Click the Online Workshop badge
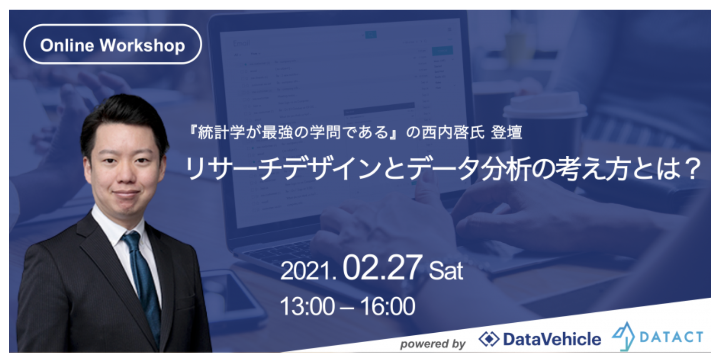tap(112, 44)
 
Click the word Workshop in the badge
tap(142, 46)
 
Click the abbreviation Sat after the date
tap(446, 271)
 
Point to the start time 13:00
tap(307, 307)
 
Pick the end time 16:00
tap(388, 307)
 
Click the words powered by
tap(432, 343)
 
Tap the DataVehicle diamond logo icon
tap(489, 339)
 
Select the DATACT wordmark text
tap(671, 337)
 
